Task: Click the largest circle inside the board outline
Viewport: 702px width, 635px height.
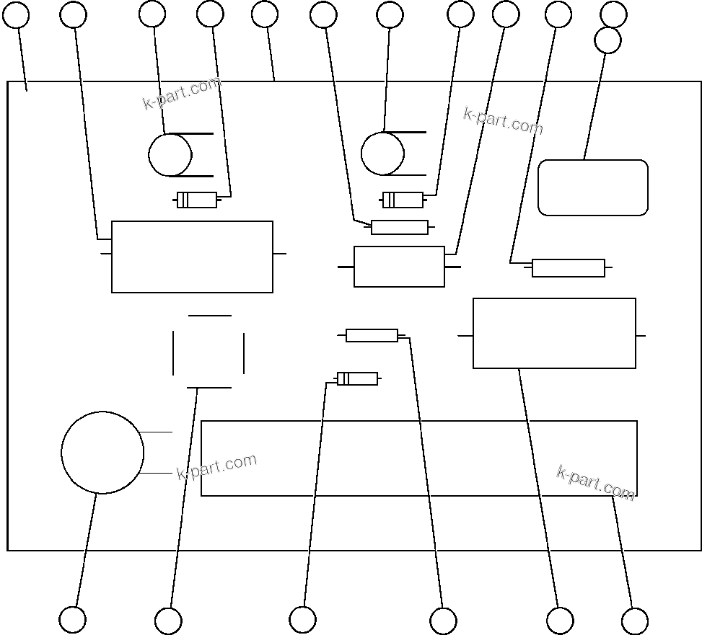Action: point(102,453)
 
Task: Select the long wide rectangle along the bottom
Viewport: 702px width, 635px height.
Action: point(418,458)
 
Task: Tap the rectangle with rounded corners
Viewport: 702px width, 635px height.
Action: point(593,187)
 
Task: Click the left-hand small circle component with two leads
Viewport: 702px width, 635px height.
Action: point(170,155)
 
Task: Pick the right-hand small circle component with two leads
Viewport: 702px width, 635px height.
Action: point(382,154)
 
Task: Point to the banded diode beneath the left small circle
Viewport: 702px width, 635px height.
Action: point(197,200)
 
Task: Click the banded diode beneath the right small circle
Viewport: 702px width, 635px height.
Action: point(403,200)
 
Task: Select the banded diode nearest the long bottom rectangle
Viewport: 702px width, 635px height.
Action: point(357,378)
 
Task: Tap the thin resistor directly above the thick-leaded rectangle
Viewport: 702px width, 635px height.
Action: point(399,227)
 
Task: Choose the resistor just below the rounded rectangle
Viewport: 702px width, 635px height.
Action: point(568,268)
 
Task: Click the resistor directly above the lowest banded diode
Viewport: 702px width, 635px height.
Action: point(372,335)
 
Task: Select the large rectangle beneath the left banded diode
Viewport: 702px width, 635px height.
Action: point(192,257)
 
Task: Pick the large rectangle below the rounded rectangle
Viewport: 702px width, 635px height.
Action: point(554,333)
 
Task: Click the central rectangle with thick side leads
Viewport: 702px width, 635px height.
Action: point(399,267)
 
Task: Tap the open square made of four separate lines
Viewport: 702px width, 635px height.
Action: point(209,352)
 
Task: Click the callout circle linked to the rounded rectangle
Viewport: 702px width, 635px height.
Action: point(607,40)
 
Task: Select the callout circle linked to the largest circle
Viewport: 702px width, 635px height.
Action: point(72,619)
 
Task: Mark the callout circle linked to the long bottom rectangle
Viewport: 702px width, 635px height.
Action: point(634,621)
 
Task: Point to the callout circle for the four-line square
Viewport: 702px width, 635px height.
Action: point(168,621)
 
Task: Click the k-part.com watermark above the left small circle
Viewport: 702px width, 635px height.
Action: point(181,94)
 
